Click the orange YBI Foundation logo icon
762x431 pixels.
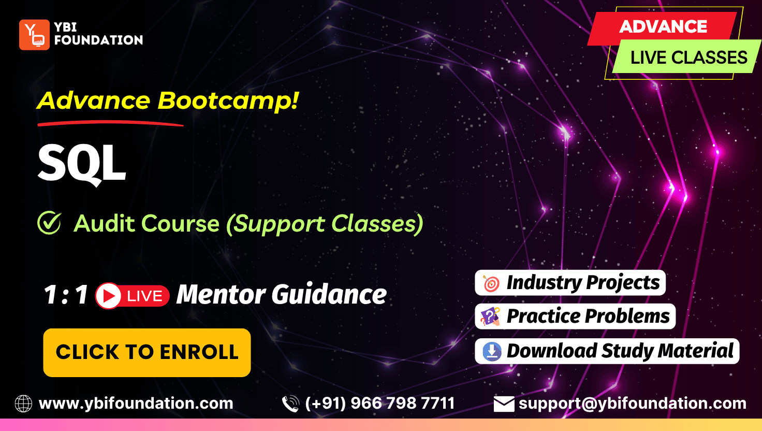pos(34,35)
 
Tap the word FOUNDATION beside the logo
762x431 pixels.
pos(99,40)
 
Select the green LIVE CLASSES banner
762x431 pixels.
pos(687,56)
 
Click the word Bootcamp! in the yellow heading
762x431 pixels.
pos(228,101)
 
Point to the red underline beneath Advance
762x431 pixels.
pos(111,123)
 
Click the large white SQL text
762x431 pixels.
pos(82,164)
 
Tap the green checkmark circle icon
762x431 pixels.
pos(49,223)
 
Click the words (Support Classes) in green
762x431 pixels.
pos(325,224)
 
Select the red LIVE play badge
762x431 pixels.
pos(133,295)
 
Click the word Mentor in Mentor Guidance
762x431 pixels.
pos(221,294)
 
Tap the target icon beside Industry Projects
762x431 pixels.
pos(491,283)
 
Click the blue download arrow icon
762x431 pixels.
pos(492,351)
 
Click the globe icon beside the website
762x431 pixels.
pos(23,404)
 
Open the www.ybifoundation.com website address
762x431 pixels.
pos(136,404)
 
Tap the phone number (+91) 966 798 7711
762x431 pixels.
pos(380,404)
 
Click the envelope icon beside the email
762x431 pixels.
pos(504,404)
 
